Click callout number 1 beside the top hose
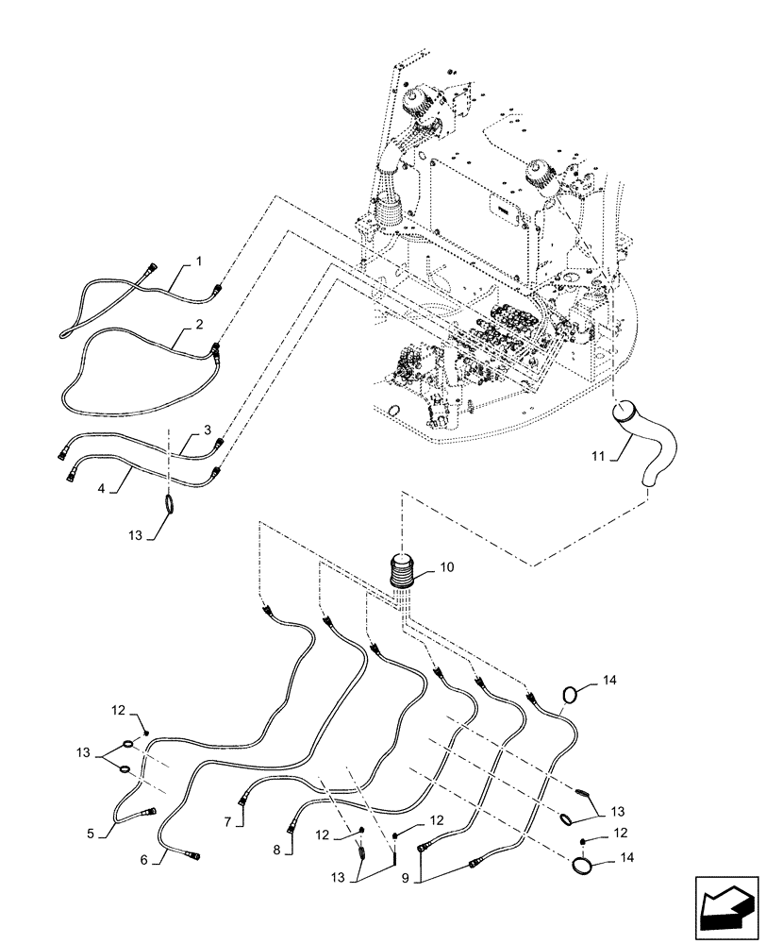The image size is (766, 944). tap(199, 259)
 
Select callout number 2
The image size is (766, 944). tap(199, 324)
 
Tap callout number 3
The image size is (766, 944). tap(207, 430)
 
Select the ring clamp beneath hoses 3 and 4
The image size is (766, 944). tap(170, 505)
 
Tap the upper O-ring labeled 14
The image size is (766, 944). tap(571, 695)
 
